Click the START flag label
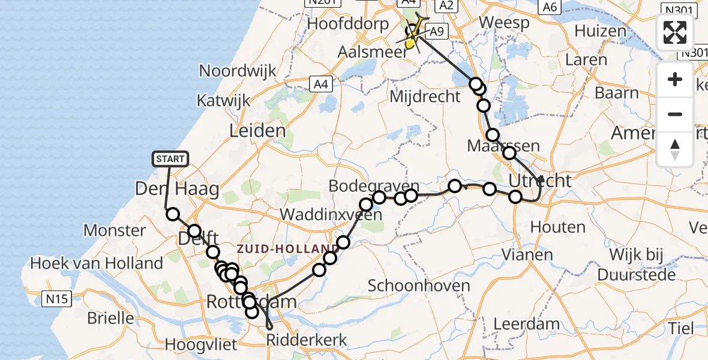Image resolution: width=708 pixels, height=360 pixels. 170,159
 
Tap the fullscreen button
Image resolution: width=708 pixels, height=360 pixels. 675,33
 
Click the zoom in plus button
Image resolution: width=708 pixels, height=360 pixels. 675,79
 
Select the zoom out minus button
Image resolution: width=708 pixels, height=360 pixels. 675,114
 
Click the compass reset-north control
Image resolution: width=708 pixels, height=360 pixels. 675,149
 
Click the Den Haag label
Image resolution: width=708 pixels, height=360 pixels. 176,190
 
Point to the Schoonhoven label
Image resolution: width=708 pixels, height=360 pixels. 419,286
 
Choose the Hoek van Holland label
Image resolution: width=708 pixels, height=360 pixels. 96,263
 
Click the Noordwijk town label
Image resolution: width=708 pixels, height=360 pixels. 238,71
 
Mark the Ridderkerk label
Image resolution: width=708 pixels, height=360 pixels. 307,341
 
